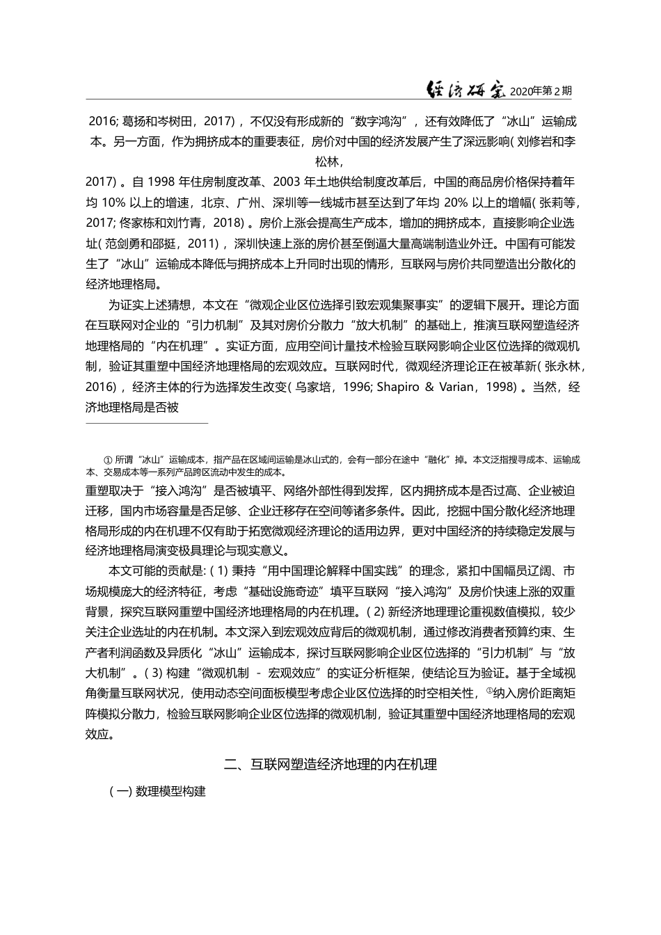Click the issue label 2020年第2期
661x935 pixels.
click(541, 91)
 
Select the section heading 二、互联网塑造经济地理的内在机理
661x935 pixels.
click(330, 765)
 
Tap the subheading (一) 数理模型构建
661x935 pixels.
click(157, 792)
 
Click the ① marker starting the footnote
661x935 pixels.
click(108, 460)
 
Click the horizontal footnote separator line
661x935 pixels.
click(147, 422)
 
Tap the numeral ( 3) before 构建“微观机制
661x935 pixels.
click(153, 673)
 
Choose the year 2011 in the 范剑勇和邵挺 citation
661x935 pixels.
click(205, 244)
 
